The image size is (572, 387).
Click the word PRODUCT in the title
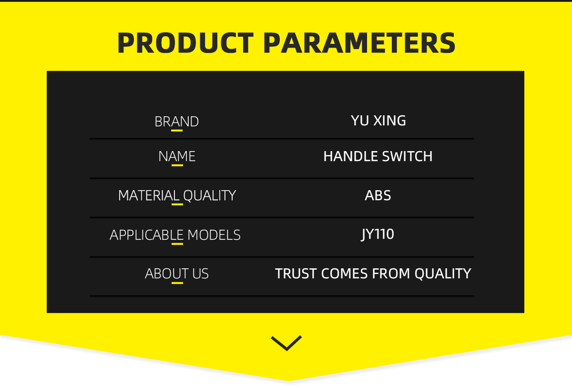pyautogui.click(x=185, y=43)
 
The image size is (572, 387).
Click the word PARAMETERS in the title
pyautogui.click(x=359, y=43)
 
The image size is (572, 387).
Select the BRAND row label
pyautogui.click(x=177, y=122)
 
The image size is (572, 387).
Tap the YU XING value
pyautogui.click(x=378, y=121)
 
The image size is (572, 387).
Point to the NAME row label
pyautogui.click(x=177, y=156)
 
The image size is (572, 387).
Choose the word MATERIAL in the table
pyautogui.click(x=149, y=195)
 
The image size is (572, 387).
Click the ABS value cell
pyautogui.click(x=378, y=195)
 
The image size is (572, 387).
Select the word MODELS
pyautogui.click(x=214, y=235)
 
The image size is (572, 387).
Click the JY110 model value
pyautogui.click(x=378, y=234)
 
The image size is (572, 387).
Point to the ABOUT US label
pyautogui.click(x=177, y=274)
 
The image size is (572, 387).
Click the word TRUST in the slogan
pyautogui.click(x=296, y=274)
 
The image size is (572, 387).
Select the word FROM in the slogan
pyautogui.click(x=391, y=274)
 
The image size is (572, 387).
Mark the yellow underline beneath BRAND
pyautogui.click(x=177, y=131)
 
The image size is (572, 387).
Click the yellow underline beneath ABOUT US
pyautogui.click(x=177, y=283)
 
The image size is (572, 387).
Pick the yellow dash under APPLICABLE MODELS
pyautogui.click(x=177, y=244)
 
